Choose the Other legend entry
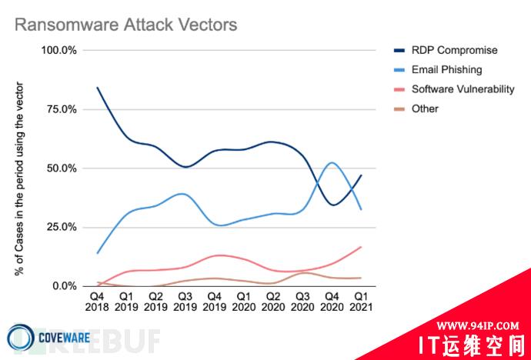click(425, 108)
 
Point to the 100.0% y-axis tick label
click(58, 51)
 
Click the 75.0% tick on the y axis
click(61, 109)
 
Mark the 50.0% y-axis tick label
click(61, 168)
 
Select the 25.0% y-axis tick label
click(61, 228)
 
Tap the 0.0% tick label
click(64, 286)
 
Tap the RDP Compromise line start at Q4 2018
click(97, 88)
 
